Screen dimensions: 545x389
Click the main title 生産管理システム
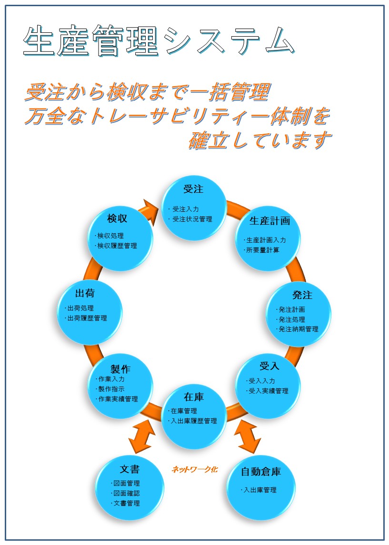[x=158, y=41]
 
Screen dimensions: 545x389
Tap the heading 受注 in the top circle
[x=193, y=189]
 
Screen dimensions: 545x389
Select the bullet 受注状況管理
[x=192, y=219]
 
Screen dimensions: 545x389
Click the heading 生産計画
[x=269, y=221]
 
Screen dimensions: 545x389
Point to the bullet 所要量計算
[x=262, y=250]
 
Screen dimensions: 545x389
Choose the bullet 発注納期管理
[x=298, y=329]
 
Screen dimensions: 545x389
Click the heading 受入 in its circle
[x=269, y=366]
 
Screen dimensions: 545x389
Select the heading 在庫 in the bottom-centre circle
[x=193, y=397]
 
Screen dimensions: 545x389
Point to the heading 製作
[x=120, y=369]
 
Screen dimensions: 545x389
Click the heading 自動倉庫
[x=260, y=472]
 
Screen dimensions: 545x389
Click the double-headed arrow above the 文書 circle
[x=142, y=435]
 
